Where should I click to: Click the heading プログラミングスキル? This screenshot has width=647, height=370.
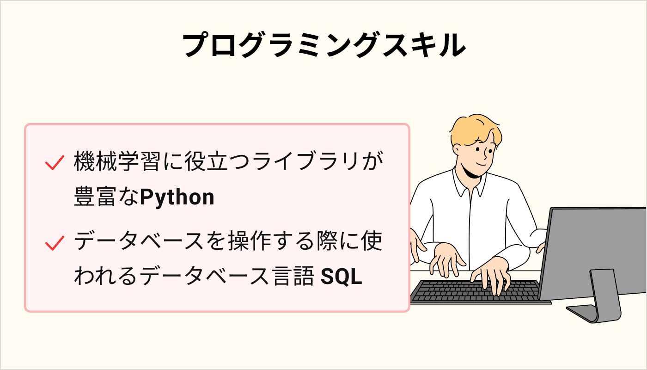323,45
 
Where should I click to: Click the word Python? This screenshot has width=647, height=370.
177,197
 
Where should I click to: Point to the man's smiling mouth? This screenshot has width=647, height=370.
481,165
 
